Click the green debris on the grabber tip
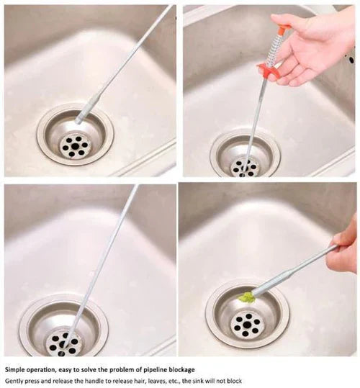248,296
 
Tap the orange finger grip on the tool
269,70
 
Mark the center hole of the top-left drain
75,145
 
